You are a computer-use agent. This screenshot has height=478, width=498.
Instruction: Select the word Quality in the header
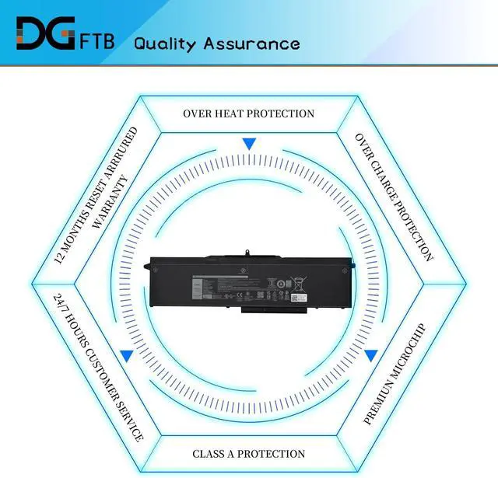coord(164,43)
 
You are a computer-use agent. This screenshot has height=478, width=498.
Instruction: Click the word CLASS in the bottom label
coord(210,453)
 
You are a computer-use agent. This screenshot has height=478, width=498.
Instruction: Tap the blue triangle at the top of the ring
coord(248,144)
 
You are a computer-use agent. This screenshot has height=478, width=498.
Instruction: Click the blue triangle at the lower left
coord(126,356)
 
